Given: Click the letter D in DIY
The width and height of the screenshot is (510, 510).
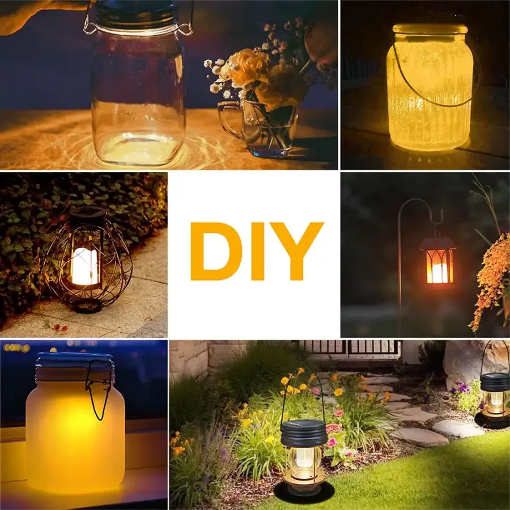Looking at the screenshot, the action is (x=216, y=251).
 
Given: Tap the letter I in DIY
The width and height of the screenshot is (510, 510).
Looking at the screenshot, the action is (x=258, y=251).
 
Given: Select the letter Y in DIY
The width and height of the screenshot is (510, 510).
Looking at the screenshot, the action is (x=297, y=251).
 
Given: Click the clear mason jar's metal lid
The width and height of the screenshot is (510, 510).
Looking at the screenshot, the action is (x=137, y=15).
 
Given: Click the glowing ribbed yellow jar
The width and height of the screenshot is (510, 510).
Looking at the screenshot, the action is (x=430, y=87).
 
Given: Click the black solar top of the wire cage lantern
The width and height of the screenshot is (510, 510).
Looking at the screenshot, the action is (x=88, y=215).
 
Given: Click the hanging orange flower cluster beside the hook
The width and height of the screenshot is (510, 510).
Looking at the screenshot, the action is (x=491, y=280).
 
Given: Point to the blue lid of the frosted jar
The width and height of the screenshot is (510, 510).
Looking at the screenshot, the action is (x=75, y=361).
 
